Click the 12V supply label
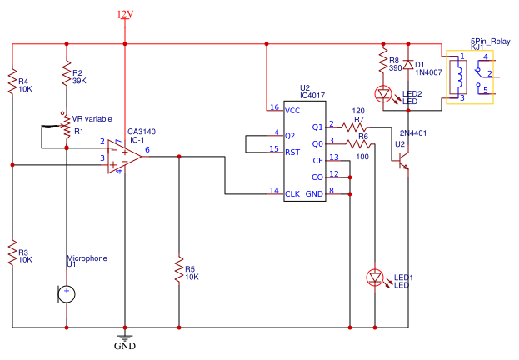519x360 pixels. [x=125, y=14]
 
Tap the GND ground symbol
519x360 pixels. [x=125, y=337]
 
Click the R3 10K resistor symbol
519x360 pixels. [x=12, y=252]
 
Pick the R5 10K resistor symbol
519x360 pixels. [x=179, y=269]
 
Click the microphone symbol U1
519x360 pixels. [x=67, y=294]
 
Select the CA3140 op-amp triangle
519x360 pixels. [x=125, y=157]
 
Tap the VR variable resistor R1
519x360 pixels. [x=67, y=127]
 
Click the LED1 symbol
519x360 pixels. [x=375, y=277]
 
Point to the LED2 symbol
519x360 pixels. [x=383, y=94]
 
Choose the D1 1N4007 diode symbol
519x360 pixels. [x=408, y=65]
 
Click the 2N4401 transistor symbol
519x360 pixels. [x=403, y=161]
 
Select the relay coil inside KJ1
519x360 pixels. [x=458, y=77]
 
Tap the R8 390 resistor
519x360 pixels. [x=383, y=60]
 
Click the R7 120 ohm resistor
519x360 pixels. [x=354, y=127]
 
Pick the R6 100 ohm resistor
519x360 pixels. [x=358, y=143]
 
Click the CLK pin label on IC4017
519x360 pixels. [x=292, y=193]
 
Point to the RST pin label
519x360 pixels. [x=292, y=152]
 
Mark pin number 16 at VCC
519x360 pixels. [x=274, y=107]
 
